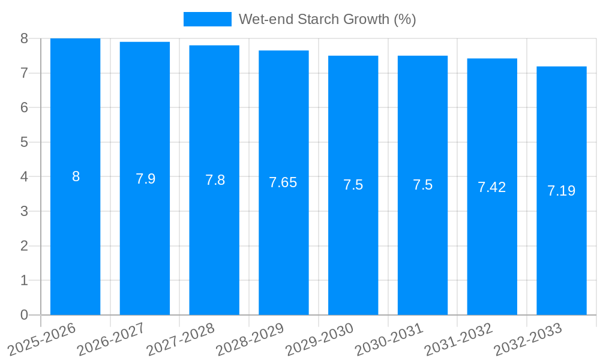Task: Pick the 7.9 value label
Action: coord(145,179)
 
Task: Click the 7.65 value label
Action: coord(283,182)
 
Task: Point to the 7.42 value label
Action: coord(492,187)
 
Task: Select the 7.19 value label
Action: coord(562,191)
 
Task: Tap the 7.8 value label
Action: coord(215,180)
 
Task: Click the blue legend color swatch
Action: coord(207,19)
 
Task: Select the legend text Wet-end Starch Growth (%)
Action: coord(327,19)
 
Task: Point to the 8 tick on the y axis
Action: coord(24,38)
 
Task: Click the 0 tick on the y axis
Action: coord(24,315)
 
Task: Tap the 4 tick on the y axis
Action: coord(24,177)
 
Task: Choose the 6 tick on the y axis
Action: coord(24,107)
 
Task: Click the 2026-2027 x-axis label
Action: coord(111,338)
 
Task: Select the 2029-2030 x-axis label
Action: coord(319,338)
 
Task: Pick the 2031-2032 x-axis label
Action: coord(458,338)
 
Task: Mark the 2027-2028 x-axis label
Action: coord(181,338)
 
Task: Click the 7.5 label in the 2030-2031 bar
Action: coord(422,185)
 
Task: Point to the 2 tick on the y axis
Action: coord(24,246)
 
